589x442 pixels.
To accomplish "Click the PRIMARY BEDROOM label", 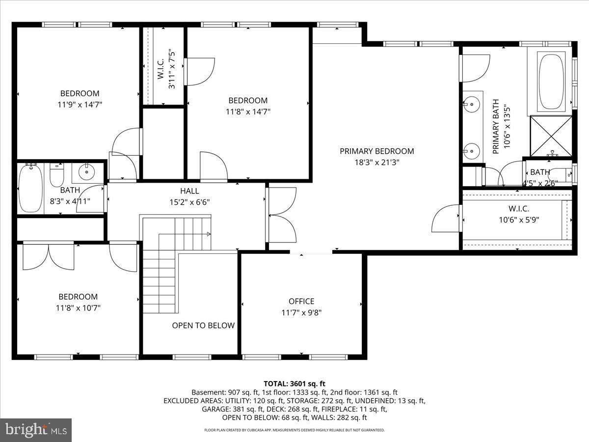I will click(376, 151).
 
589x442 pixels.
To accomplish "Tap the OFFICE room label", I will click(301, 301).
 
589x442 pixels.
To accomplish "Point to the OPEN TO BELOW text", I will click(203, 325).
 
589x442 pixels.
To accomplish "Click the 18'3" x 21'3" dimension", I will click(376, 163).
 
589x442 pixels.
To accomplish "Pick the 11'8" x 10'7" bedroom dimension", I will click(78, 308).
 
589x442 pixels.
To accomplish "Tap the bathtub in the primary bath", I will click(551, 81).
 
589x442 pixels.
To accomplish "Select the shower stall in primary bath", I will click(551, 136).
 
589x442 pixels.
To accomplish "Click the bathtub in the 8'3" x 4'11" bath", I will click(30, 189).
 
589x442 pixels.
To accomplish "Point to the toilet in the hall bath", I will click(57, 176).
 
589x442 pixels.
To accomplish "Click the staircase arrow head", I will click(209, 234).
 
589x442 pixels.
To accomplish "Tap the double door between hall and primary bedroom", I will click(281, 215).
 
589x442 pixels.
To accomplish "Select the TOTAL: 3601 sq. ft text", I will click(294, 384).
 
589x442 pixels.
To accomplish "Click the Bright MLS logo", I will click(35, 430).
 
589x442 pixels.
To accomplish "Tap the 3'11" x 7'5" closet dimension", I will click(172, 69).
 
